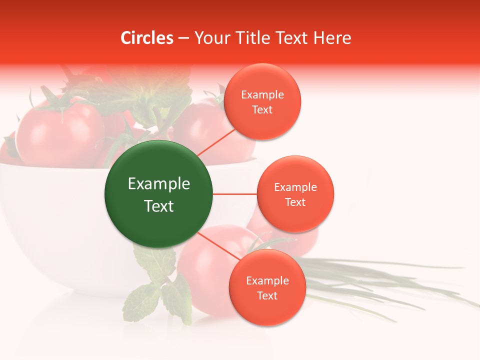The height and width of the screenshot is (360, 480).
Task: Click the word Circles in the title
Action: pos(146,38)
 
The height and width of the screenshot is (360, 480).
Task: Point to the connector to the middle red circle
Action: pos(234,194)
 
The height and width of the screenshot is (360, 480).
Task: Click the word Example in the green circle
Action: pos(159,184)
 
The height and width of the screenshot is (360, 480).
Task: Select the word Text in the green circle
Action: pos(159,206)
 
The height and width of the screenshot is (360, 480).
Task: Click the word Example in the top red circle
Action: pos(262,95)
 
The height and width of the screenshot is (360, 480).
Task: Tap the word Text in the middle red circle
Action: pos(295,202)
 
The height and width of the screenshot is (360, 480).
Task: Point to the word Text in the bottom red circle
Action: pos(267,295)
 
